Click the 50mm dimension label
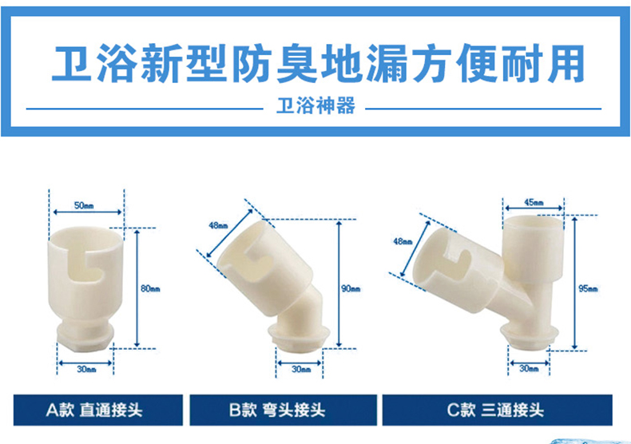[84, 205]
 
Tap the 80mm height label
[150, 288]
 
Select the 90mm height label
[351, 288]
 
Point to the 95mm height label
[588, 288]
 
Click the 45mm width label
[534, 202]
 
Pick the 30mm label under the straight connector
[86, 369]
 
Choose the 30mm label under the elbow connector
[301, 369]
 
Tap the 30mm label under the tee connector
[529, 368]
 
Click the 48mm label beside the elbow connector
[218, 225]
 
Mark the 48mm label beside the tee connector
[403, 241]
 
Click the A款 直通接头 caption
[94, 410]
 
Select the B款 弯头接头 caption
[277, 410]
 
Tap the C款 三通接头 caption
[495, 410]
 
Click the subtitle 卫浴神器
[316, 105]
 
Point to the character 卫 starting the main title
[72, 63]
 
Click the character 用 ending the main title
[565, 63]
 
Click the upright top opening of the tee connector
[534, 221]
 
